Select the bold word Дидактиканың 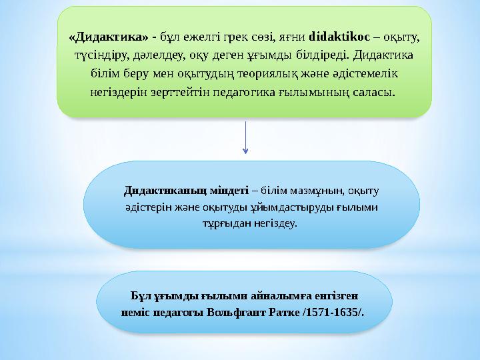(x=157, y=190)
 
